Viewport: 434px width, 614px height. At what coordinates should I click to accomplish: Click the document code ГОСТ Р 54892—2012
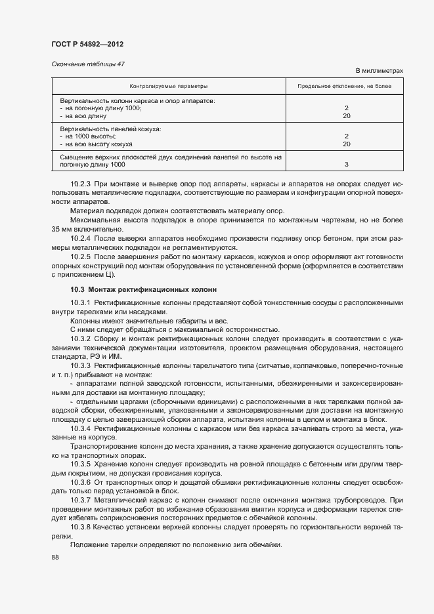[87, 44]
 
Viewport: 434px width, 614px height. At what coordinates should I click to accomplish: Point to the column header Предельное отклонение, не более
[345, 86]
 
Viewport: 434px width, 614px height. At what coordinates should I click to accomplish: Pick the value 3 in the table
[346, 165]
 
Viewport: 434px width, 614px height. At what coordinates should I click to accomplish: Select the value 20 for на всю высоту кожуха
[346, 144]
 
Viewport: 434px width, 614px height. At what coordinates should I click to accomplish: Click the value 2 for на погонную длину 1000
[346, 108]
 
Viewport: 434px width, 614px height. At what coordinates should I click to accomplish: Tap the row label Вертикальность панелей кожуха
[110, 129]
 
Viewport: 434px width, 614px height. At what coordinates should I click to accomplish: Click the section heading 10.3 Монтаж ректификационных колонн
[144, 289]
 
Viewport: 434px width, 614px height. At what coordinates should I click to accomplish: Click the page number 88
[55, 557]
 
